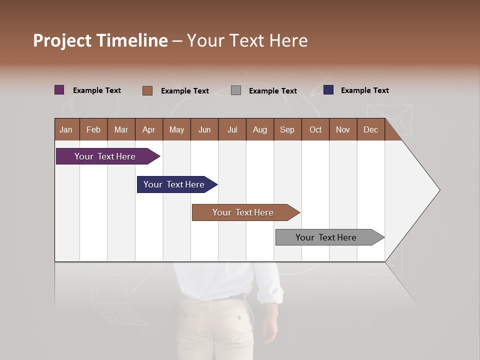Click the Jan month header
point(66,129)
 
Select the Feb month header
point(93,129)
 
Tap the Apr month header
point(149,129)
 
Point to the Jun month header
point(204,129)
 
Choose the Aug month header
point(260,129)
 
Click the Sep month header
point(287,129)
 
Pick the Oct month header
point(315,129)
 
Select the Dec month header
point(371,129)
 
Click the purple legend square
point(59,90)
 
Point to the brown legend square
point(147,90)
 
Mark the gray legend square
point(236,90)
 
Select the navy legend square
point(328,90)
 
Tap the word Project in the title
point(62,40)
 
